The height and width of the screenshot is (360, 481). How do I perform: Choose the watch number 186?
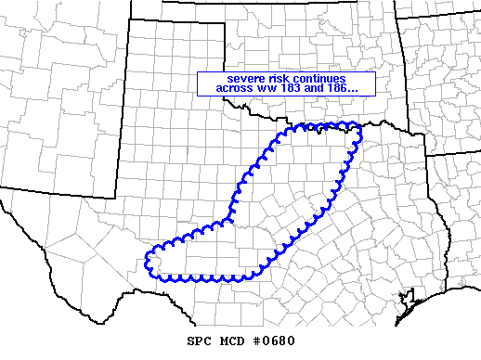(352, 88)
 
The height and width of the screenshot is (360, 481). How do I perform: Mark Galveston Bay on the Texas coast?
(406, 299)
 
